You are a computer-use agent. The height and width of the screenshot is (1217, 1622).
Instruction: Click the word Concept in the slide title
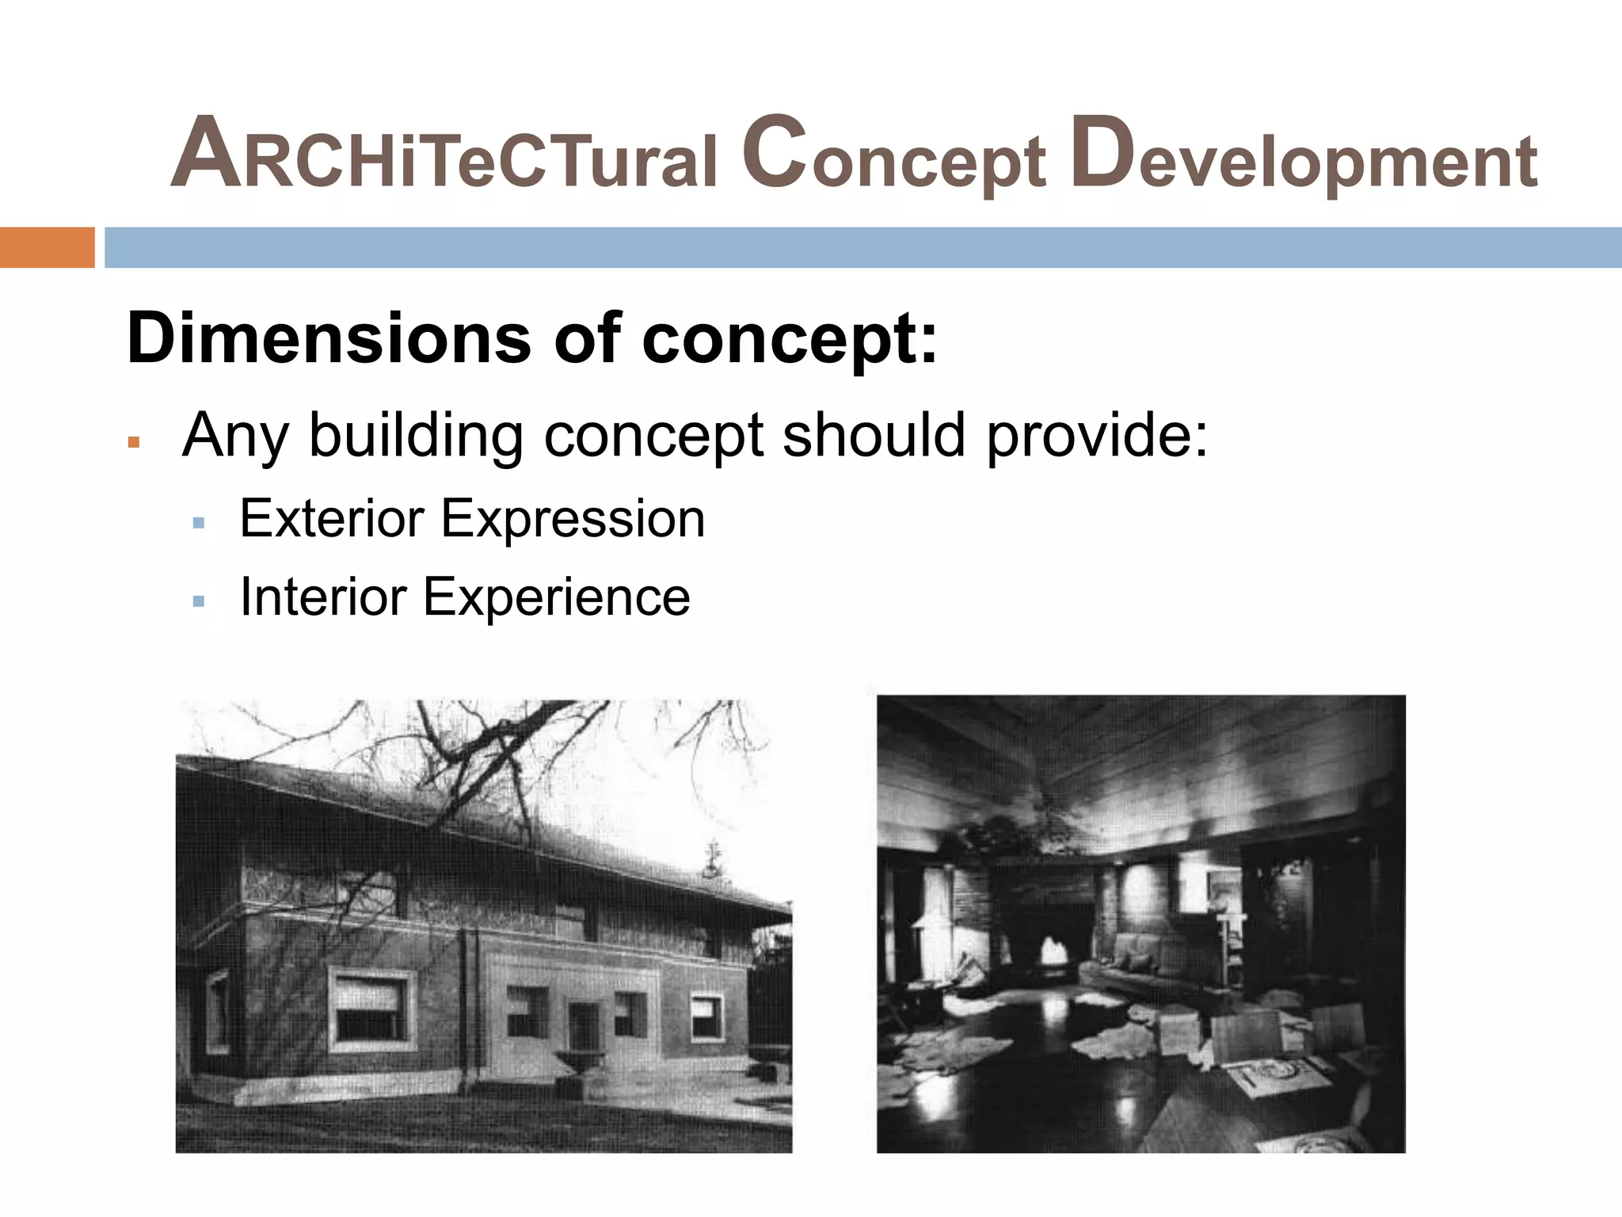click(x=893, y=155)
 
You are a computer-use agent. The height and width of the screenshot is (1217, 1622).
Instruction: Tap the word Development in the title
click(x=1303, y=155)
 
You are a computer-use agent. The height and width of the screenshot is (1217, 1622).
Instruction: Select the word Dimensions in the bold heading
click(x=329, y=338)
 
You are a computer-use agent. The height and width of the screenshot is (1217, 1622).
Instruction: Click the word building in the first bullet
click(x=416, y=435)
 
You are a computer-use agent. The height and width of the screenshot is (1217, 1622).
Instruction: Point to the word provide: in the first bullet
click(x=1097, y=435)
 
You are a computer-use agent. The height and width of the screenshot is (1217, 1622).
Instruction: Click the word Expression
click(x=572, y=520)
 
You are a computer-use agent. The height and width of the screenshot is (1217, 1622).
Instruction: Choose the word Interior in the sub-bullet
click(x=322, y=597)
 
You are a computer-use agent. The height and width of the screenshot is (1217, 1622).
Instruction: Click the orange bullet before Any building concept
click(x=134, y=442)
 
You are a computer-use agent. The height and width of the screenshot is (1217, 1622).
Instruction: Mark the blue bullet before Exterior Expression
click(x=199, y=524)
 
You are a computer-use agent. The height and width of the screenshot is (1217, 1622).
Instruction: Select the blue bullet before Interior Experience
click(x=199, y=601)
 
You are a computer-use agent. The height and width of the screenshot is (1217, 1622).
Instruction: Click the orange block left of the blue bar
click(x=47, y=247)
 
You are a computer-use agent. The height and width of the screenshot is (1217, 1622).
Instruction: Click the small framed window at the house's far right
click(x=706, y=1017)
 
